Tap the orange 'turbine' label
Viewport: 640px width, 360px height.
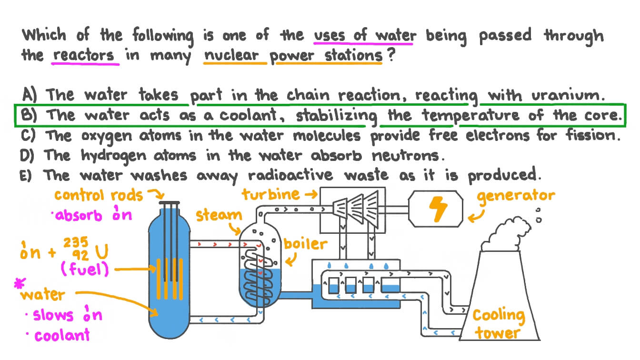pyautogui.click(x=270, y=194)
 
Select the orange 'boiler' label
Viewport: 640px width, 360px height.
pyautogui.click(x=305, y=244)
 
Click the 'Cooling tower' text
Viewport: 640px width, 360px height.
pyautogui.click(x=498, y=324)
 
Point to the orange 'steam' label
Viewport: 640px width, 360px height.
pyautogui.click(x=219, y=215)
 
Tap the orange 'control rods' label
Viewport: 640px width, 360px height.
pyautogui.click(x=98, y=195)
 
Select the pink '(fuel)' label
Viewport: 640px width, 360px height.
pyautogui.click(x=84, y=270)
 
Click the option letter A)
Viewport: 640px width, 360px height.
pyautogui.click(x=30, y=94)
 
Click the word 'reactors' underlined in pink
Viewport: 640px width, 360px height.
pyautogui.click(x=84, y=55)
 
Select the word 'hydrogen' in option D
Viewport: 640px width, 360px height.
pyautogui.click(x=109, y=156)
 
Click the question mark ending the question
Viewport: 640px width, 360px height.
pyautogui.click(x=392, y=55)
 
